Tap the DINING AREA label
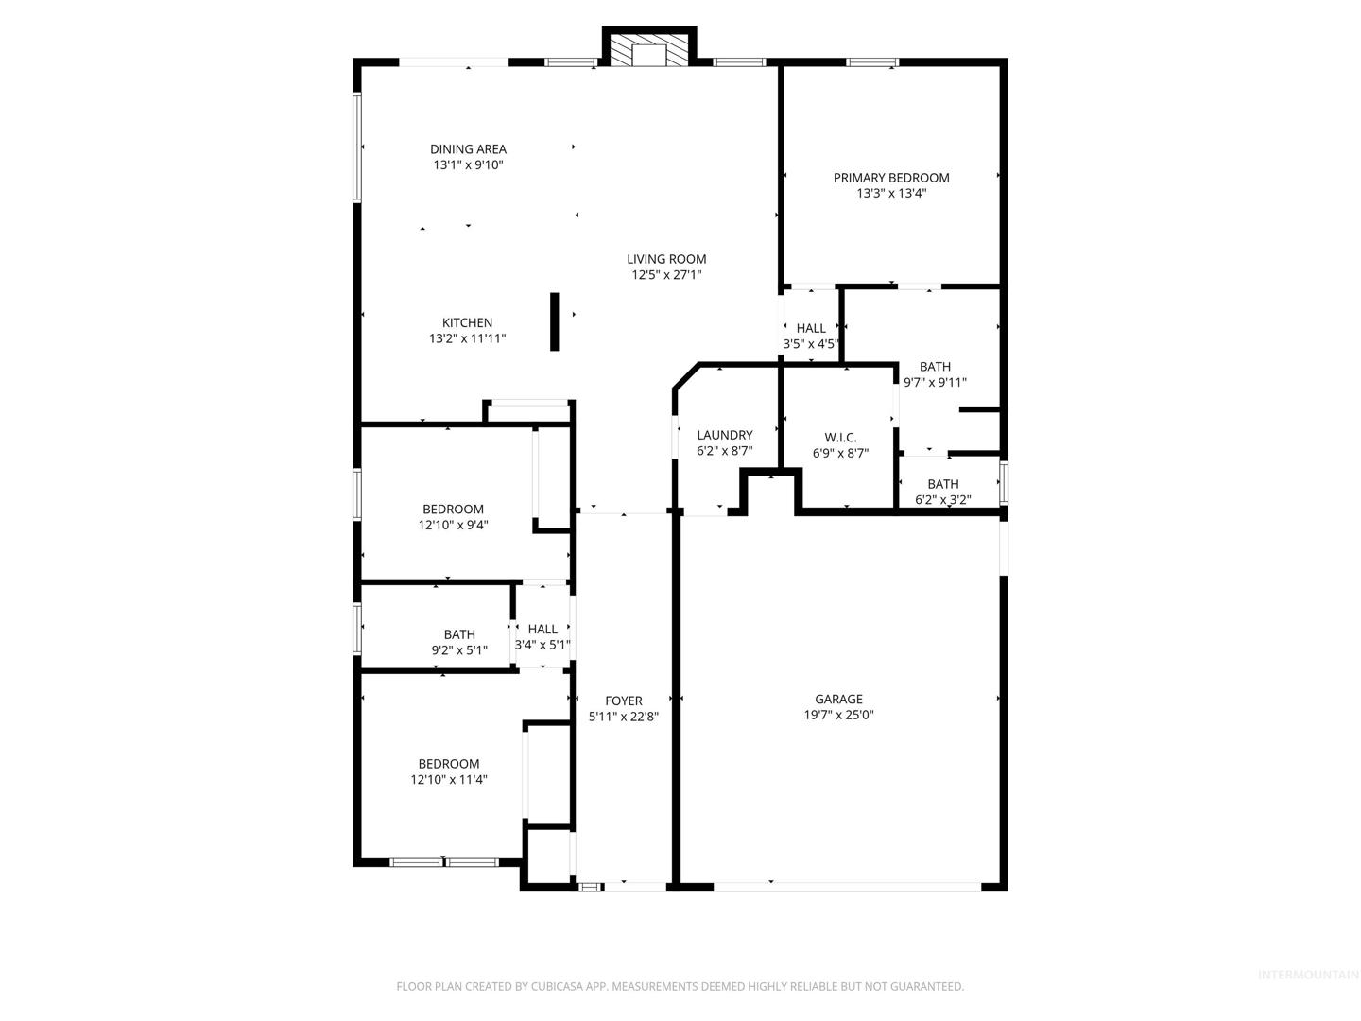pyautogui.click(x=468, y=148)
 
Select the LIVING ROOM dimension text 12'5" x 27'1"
pyautogui.click(x=666, y=274)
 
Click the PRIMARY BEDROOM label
pyautogui.click(x=891, y=178)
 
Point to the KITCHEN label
pyautogui.click(x=467, y=322)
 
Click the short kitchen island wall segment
pyautogui.click(x=554, y=321)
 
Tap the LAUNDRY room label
pyautogui.click(x=725, y=435)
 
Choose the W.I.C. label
pyautogui.click(x=840, y=438)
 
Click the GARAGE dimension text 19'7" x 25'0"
pyautogui.click(x=839, y=715)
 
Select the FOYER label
pyautogui.click(x=624, y=701)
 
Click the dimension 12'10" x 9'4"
pyautogui.click(x=454, y=525)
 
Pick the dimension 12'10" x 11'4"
pyautogui.click(x=449, y=779)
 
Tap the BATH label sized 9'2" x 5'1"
pyautogui.click(x=459, y=634)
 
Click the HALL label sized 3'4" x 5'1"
pyautogui.click(x=543, y=630)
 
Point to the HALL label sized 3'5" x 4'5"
pyautogui.click(x=811, y=329)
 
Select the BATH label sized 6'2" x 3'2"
pyautogui.click(x=943, y=484)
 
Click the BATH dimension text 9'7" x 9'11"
pyautogui.click(x=935, y=383)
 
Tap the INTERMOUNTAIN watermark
pyautogui.click(x=1308, y=975)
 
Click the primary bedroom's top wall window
pyautogui.click(x=872, y=62)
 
